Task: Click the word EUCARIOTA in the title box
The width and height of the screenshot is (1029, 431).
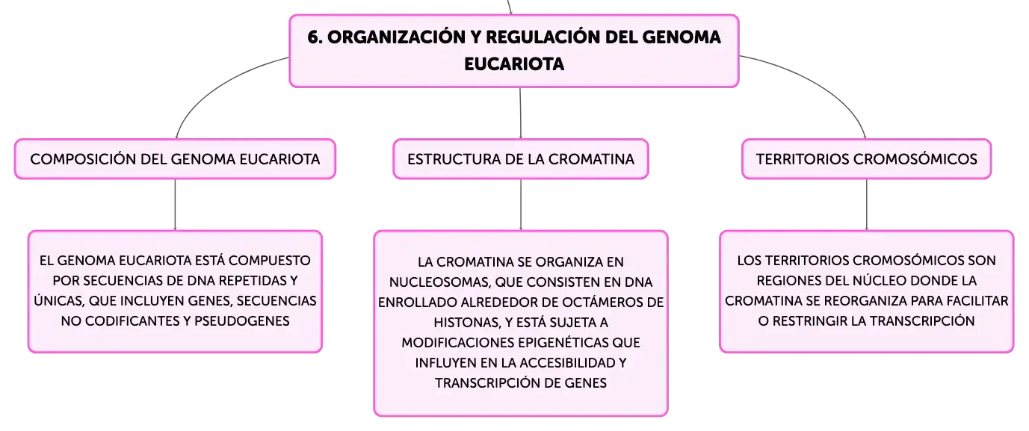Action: click(x=514, y=64)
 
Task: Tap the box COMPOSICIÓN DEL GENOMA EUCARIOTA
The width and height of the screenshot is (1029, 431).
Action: click(x=175, y=159)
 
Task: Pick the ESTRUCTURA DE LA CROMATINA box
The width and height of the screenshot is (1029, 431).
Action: click(x=520, y=159)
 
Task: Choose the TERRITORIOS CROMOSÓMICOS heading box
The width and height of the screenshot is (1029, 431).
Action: click(x=866, y=159)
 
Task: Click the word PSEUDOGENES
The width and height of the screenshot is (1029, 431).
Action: click(x=241, y=321)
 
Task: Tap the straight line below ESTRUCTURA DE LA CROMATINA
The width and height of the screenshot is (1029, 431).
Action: click(x=520, y=204)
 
